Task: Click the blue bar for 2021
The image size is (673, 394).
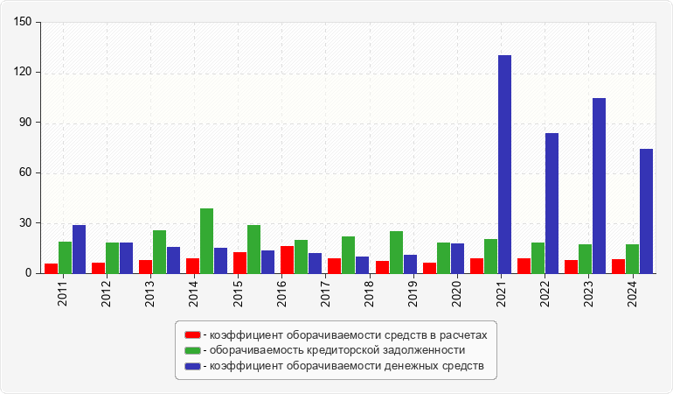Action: [504, 165]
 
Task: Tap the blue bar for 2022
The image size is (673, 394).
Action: [552, 203]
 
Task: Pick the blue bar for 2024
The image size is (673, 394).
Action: [646, 211]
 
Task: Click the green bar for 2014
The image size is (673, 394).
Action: [206, 241]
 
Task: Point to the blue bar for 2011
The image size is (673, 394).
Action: [79, 250]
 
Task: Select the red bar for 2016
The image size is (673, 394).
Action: [287, 260]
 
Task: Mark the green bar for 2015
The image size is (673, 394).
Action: [253, 250]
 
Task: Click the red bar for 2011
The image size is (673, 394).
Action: [51, 269]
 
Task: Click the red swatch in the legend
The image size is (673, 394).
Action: [192, 334]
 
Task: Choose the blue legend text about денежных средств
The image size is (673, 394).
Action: [346, 365]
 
